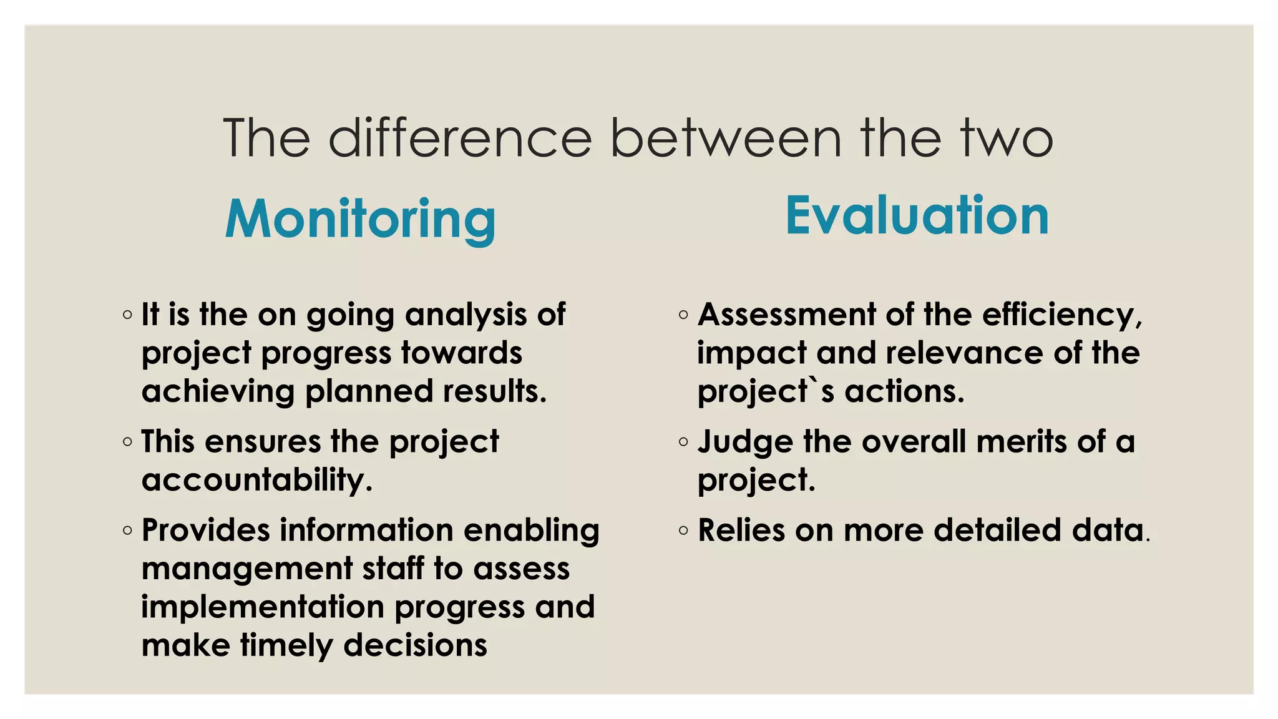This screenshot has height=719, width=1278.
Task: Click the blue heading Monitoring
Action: [x=360, y=219]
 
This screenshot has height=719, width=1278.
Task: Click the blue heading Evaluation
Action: [x=917, y=215]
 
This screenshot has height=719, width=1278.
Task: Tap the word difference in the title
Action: [x=460, y=138]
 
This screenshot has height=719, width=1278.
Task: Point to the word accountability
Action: [x=257, y=480]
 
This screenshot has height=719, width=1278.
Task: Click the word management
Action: [x=247, y=569]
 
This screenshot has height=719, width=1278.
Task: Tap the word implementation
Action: [x=263, y=607]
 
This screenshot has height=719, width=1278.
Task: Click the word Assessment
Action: [x=786, y=314]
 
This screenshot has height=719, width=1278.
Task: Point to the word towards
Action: [x=461, y=353]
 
